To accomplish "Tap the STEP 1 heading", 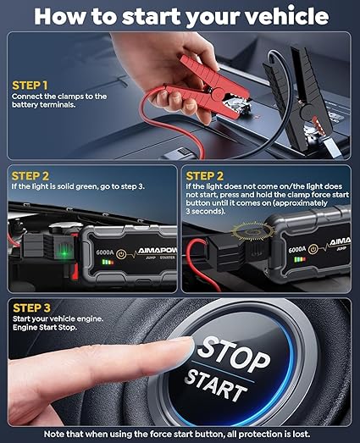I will coord(30,86).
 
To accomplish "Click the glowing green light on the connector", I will coord(59,246).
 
